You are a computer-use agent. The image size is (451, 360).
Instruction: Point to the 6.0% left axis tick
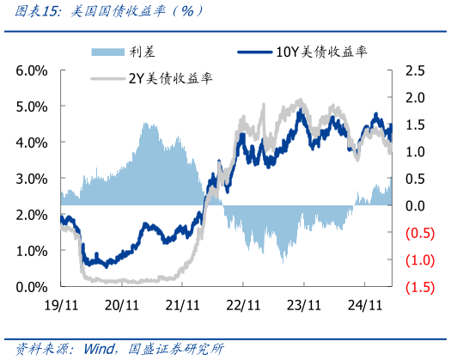click(x=31, y=70)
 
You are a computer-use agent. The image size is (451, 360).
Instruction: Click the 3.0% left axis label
click(x=31, y=178)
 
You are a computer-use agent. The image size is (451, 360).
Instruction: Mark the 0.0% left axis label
click(x=31, y=286)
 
